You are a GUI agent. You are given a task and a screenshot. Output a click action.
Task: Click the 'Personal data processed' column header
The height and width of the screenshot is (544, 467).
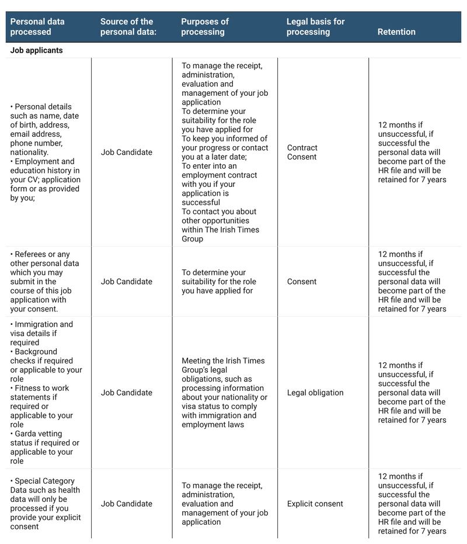(37, 27)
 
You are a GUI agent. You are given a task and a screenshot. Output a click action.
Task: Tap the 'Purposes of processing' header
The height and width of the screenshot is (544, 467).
(205, 27)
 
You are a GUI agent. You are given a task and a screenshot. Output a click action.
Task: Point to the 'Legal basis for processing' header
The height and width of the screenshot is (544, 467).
(315, 27)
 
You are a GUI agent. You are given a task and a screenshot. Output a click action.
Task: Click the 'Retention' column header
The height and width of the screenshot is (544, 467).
(396, 32)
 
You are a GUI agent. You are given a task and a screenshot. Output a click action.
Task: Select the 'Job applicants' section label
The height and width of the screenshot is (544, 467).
(36, 50)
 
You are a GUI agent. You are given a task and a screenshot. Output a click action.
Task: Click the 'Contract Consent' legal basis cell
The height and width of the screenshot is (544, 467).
(302, 153)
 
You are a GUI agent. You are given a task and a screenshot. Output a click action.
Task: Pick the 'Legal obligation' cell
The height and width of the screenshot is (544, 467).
(315, 393)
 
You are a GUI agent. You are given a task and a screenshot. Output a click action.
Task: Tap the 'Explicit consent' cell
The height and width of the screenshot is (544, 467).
(315, 504)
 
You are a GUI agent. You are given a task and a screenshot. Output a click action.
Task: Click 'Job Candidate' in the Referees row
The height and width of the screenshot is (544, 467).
(126, 282)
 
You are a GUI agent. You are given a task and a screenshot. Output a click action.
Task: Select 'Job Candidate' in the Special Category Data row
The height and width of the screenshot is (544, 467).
(126, 504)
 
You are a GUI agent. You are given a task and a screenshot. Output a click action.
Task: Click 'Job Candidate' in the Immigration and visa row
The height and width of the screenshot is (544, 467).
(126, 393)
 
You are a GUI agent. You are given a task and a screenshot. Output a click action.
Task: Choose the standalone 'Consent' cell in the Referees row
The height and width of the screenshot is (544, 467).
(302, 282)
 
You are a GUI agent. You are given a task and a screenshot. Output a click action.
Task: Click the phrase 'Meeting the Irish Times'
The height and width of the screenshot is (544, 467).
(223, 361)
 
